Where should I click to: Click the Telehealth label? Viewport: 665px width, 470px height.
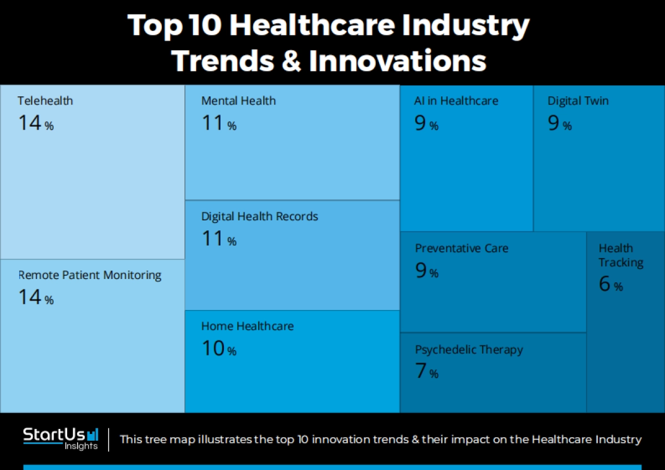[45, 101]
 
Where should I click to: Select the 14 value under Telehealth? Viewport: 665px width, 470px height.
[30, 123]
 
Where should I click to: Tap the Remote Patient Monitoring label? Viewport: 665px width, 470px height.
[90, 275]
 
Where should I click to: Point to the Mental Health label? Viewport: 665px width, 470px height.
[238, 101]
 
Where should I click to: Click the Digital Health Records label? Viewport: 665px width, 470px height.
[259, 216]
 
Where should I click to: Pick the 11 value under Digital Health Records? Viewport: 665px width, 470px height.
[213, 239]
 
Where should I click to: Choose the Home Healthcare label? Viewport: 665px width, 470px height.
[247, 326]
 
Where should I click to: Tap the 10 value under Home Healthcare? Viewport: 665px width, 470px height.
[213, 349]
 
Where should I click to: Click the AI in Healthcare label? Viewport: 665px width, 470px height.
[456, 101]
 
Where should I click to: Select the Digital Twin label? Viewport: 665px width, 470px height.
[578, 101]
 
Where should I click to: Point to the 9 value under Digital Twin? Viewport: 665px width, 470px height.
[554, 123]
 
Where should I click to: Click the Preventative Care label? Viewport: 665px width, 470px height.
[462, 248]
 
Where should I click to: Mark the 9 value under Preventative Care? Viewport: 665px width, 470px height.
[421, 270]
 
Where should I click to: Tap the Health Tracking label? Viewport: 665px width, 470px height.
[621, 255]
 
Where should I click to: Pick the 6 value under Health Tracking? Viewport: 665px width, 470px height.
[604, 284]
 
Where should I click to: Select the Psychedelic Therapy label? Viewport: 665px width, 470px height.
[469, 350]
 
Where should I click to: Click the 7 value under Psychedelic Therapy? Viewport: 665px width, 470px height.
[421, 371]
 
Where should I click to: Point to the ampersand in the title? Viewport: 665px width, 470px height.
[292, 61]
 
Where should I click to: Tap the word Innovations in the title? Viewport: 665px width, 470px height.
[397, 61]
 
